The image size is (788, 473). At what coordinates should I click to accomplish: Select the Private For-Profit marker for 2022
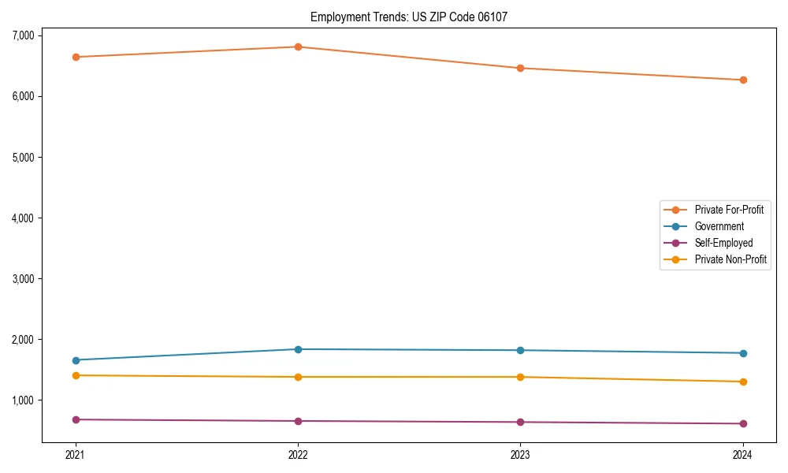pos(298,47)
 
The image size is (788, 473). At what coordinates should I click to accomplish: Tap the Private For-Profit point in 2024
pos(742,80)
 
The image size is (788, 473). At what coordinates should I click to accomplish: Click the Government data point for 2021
pos(76,360)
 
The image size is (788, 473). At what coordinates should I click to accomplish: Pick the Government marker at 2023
pos(520,350)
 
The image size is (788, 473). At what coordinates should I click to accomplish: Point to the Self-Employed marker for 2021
pos(76,419)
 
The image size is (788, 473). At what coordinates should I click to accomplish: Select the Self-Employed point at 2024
pos(742,423)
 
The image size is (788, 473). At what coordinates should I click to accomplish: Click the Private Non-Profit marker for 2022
pos(298,377)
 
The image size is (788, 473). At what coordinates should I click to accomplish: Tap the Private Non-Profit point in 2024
pos(742,382)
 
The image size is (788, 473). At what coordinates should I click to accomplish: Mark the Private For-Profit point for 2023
pos(520,68)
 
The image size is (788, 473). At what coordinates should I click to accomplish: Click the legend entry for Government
pos(719,226)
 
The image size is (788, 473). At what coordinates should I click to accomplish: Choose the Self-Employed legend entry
pos(723,243)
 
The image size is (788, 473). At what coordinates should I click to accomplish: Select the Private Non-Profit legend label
pos(730,259)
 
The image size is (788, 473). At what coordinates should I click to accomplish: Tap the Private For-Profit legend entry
pos(729,210)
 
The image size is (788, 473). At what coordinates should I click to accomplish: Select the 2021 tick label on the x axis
pos(76,454)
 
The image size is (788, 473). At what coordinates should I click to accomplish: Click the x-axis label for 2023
pos(520,454)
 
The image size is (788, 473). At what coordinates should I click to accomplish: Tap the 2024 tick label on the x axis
pos(742,454)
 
